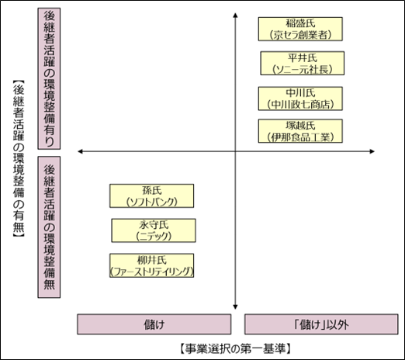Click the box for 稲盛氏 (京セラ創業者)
(300, 29)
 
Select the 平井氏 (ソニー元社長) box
(302, 64)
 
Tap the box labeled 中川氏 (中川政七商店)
(300, 99)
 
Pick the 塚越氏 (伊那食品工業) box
(300, 131)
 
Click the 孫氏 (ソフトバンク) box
(151, 196)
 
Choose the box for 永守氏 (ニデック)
(154, 230)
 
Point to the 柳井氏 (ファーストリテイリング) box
(151, 265)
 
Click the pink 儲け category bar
(154, 324)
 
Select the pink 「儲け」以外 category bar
(321, 324)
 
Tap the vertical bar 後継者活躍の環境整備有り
(49, 78)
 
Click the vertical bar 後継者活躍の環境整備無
(49, 227)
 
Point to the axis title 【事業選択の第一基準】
(235, 349)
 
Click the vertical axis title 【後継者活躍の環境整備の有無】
(19, 159)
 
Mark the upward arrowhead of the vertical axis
(235, 15)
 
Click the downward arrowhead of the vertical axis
(235, 307)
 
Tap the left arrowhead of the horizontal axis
(80, 151)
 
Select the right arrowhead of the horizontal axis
(372, 151)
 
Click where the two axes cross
(235, 151)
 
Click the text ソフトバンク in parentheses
(152, 202)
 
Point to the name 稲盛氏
(300, 23)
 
